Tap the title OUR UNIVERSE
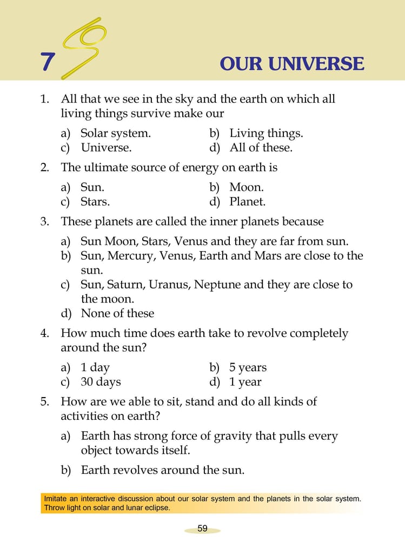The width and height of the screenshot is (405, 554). click(292, 64)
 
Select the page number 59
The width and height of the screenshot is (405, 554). click(202, 529)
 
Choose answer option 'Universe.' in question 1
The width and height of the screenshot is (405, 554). click(106, 147)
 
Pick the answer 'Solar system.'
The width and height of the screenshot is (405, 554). click(115, 133)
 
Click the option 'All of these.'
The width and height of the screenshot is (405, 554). click(261, 147)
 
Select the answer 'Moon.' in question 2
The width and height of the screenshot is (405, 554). click(247, 187)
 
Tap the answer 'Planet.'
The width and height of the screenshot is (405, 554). click(248, 202)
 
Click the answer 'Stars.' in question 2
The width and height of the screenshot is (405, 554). click(95, 202)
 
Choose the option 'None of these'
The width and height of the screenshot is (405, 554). click(117, 313)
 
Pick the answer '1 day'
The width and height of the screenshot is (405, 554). click(95, 367)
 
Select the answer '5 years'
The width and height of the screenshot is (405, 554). click(248, 367)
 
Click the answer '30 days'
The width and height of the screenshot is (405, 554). click(101, 382)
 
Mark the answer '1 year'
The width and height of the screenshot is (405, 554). click(245, 382)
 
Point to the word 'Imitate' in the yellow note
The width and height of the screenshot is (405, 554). click(57, 498)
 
